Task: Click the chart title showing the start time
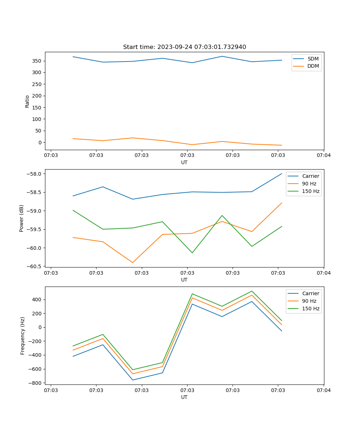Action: click(x=184, y=47)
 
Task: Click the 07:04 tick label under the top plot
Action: click(x=323, y=156)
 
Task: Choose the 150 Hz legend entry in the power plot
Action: click(x=311, y=191)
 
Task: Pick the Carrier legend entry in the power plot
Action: click(x=310, y=176)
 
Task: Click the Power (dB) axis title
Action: click(x=22, y=218)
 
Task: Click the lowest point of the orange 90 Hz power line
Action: click(x=132, y=262)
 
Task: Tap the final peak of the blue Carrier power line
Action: click(x=282, y=174)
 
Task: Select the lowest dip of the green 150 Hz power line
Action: click(x=192, y=253)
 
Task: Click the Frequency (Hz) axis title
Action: click(x=23, y=336)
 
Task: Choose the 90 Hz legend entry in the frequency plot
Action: click(x=309, y=301)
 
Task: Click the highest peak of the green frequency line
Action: click(x=252, y=291)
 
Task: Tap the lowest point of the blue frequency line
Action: click(x=132, y=380)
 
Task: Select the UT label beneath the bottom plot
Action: click(x=184, y=397)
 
